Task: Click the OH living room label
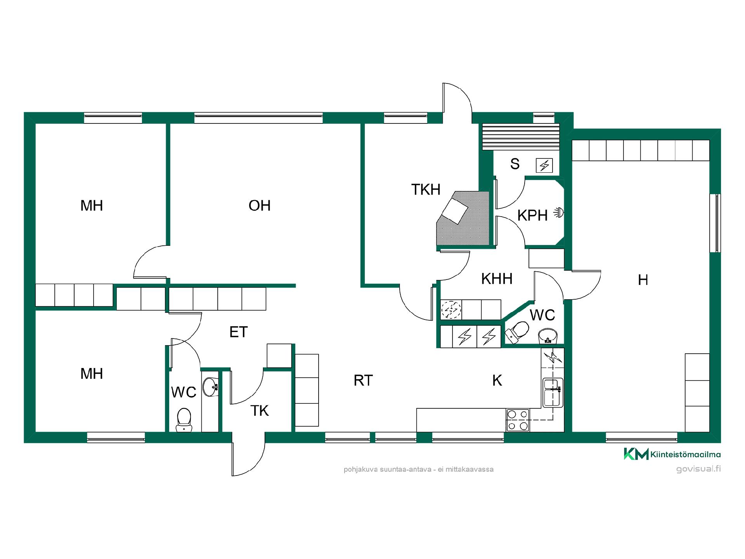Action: coord(259,206)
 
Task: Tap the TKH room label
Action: coord(426,190)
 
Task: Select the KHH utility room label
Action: coord(497,279)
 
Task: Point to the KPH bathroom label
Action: coord(532,215)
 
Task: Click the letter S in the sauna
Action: coord(515,164)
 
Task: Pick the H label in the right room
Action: coord(643,280)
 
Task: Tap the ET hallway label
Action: coord(238,332)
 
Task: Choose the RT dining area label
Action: coord(363,381)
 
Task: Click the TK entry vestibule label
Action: coord(259,411)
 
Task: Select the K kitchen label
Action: coord(497,381)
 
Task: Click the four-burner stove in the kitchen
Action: coord(518,420)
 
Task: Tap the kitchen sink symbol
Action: coord(553,392)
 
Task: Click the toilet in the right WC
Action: coord(517,332)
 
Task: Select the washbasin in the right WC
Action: coord(547,336)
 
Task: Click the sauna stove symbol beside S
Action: coord(544,166)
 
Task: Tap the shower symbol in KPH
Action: coord(558,212)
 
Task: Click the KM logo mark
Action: coord(636,454)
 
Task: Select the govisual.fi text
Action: coord(698,469)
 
